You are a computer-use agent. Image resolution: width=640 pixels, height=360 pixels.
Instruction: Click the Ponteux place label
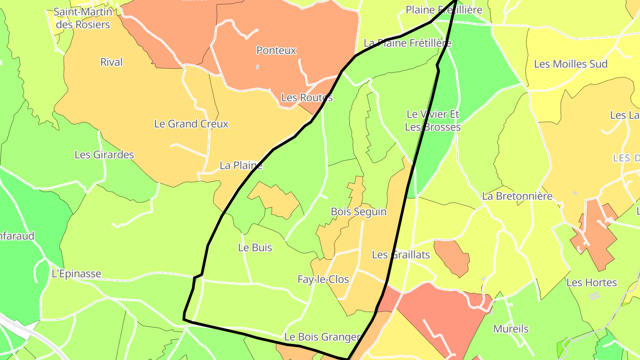click(276, 51)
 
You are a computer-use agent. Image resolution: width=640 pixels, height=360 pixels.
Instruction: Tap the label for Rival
click(111, 62)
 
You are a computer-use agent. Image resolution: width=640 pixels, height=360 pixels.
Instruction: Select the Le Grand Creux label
click(191, 124)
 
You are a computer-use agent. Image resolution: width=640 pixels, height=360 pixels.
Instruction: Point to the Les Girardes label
click(104, 155)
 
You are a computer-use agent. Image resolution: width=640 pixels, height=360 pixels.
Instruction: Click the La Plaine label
click(241, 166)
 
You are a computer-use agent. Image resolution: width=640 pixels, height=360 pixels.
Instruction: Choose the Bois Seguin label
click(359, 212)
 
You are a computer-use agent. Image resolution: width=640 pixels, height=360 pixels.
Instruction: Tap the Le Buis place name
click(255, 248)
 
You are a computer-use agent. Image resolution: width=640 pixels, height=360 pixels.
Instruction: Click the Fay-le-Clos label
click(323, 280)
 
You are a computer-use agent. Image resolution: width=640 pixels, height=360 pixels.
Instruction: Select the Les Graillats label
click(401, 255)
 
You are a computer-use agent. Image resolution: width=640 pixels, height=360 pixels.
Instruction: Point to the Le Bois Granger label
click(322, 337)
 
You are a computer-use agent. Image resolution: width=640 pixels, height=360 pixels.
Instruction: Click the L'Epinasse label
click(76, 274)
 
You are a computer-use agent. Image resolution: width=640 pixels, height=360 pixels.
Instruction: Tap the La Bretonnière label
click(517, 196)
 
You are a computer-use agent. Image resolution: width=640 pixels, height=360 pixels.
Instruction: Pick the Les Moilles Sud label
click(571, 64)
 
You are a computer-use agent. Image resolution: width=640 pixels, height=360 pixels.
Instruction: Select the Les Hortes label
click(592, 283)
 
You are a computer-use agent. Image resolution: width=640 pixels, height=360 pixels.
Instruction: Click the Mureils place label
click(511, 329)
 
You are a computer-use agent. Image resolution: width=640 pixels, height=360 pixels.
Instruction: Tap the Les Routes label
click(307, 98)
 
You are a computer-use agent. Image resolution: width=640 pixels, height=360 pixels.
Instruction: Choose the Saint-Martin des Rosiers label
click(83, 18)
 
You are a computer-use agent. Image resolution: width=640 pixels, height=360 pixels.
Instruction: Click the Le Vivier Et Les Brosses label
click(433, 121)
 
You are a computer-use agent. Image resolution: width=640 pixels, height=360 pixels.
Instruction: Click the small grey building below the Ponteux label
click(258, 67)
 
